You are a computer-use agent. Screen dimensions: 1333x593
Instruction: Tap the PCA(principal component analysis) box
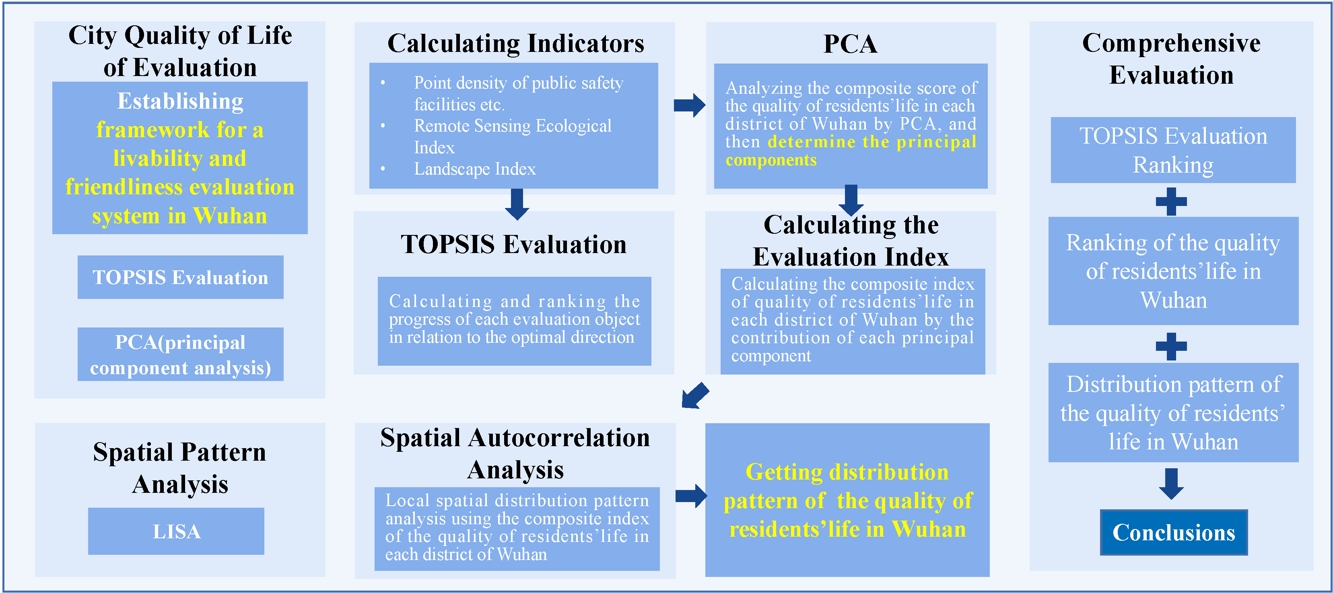click(180, 354)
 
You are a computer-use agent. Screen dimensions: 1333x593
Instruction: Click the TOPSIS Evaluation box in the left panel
click(180, 277)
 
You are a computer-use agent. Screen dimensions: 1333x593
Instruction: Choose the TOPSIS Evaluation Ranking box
click(1173, 150)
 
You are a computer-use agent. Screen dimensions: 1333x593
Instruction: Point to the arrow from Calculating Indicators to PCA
click(689, 105)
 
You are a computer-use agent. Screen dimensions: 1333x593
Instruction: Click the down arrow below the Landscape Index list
click(517, 204)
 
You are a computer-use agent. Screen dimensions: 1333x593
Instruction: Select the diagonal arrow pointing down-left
click(694, 396)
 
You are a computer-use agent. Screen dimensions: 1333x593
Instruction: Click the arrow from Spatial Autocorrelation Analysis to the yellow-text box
click(691, 496)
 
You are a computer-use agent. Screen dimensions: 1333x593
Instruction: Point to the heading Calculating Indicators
click(515, 43)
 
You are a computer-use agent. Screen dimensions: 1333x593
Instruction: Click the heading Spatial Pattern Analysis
click(179, 468)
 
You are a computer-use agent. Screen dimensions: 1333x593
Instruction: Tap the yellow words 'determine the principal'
click(871, 142)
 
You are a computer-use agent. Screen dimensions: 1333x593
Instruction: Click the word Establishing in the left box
click(180, 101)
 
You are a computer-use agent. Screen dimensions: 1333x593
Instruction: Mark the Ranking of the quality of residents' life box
click(1173, 271)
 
